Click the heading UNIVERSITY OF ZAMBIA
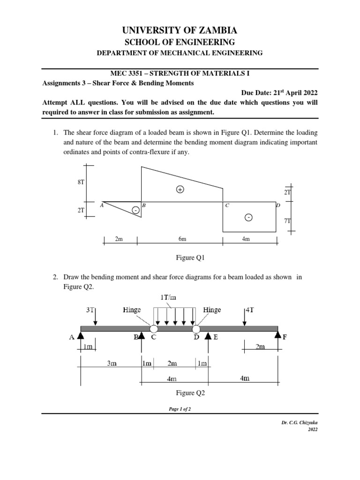(x=180, y=31)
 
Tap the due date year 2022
(x=309, y=93)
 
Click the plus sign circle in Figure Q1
(x=180, y=189)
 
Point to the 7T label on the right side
(x=287, y=220)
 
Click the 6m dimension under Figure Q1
(x=182, y=240)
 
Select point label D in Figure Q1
(x=277, y=205)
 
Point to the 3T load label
(x=90, y=310)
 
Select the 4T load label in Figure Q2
(x=249, y=310)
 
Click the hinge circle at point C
(x=154, y=329)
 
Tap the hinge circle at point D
(x=195, y=329)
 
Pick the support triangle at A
(x=81, y=335)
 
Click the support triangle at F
(x=278, y=335)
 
